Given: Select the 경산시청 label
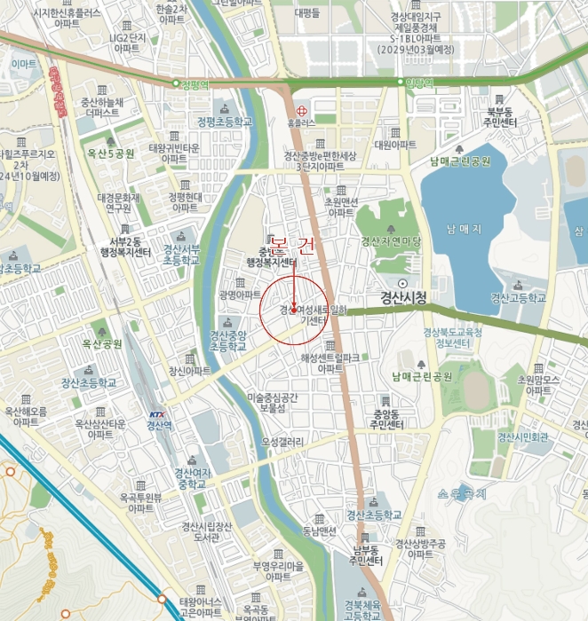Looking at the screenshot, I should (403, 296).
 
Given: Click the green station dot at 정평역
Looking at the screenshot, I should (177, 83).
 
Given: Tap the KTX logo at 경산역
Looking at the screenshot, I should (157, 414).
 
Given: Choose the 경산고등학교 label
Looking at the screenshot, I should (518, 298).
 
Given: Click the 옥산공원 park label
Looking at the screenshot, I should (101, 343).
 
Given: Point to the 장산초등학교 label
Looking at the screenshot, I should (89, 382).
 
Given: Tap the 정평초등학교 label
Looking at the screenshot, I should (225, 122).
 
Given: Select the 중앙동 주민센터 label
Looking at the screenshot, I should (388, 420).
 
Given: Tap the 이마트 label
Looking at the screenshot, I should (24, 64).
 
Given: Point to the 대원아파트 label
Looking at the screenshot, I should (395, 144).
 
